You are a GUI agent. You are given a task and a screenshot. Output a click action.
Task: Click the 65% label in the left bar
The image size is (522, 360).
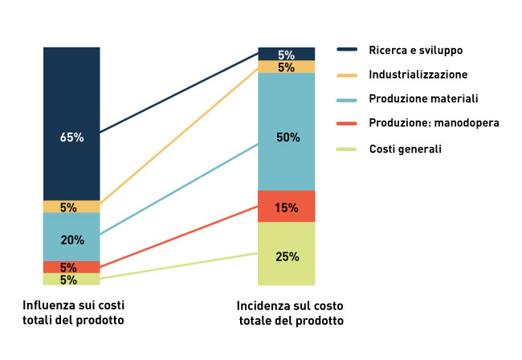(x=71, y=137)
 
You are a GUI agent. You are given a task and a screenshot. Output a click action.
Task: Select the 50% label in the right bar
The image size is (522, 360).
(x=288, y=137)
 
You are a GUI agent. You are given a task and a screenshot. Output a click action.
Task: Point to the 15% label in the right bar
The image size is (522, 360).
(x=288, y=207)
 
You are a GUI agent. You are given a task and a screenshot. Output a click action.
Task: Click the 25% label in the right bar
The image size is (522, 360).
(x=288, y=257)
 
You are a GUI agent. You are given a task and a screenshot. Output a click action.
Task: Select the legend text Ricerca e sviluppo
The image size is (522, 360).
(x=415, y=50)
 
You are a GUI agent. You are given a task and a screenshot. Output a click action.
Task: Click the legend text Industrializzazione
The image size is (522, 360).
(x=418, y=74)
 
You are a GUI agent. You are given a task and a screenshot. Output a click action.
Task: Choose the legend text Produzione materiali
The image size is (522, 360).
(x=423, y=99)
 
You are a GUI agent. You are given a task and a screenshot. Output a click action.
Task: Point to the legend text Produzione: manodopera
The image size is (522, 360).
(x=434, y=123)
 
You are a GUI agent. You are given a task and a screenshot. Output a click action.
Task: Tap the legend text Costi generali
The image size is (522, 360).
(x=405, y=149)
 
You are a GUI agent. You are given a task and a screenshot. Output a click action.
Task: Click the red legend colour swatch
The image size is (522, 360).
(x=347, y=124)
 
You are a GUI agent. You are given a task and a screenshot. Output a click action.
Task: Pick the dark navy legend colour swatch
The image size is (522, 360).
(x=347, y=50)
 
